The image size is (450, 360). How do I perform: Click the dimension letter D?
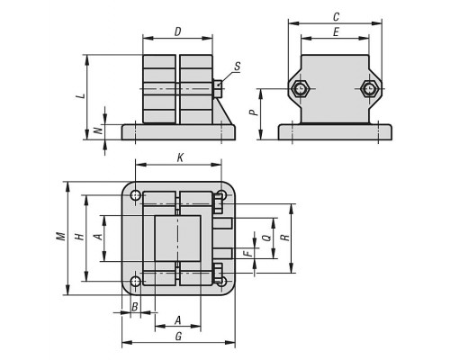point(178,31)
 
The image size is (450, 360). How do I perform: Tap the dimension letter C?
point(336,17)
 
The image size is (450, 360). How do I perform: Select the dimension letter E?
point(336,31)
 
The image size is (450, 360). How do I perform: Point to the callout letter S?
point(238,67)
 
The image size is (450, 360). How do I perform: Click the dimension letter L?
point(80,96)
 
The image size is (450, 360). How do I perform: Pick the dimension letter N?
point(98,130)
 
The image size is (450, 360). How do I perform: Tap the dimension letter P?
point(254,112)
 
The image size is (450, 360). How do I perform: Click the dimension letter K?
point(180,157)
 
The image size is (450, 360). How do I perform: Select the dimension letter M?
point(61,236)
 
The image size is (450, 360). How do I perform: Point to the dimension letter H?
point(80,237)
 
